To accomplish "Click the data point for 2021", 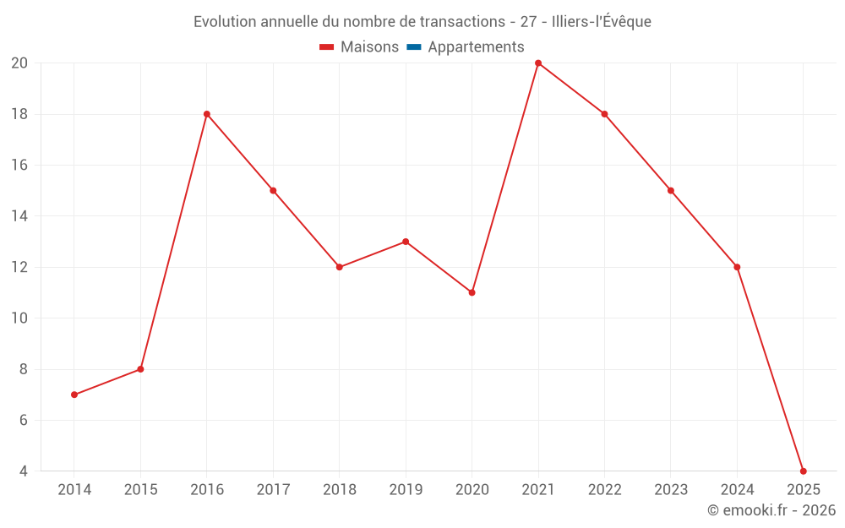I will [538, 63].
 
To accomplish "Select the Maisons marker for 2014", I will [74, 395].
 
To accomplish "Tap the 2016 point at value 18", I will [207, 114].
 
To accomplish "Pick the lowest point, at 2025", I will [803, 471].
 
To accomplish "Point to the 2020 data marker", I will [472, 292].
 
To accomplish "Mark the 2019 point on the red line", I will [406, 242].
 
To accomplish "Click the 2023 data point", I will [671, 190].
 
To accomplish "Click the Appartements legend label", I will [476, 47].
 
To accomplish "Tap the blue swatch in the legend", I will [413, 47].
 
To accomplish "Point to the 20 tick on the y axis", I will [19, 63].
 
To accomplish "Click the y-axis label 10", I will [19, 318].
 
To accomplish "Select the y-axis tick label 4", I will [23, 471].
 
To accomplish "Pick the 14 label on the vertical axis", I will [19, 216].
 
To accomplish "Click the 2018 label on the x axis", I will [340, 490].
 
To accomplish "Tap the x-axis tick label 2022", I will [604, 490].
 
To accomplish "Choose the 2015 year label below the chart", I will [140, 490].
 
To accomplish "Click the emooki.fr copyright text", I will [771, 510].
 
